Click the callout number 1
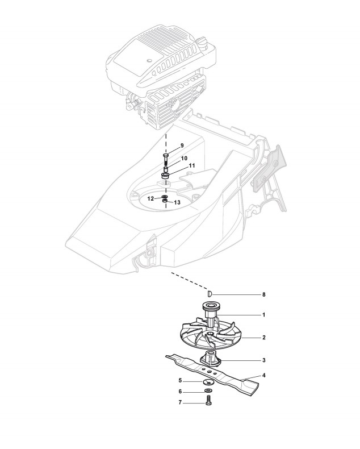pos(263,314)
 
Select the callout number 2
pos(264,337)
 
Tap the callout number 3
pos(264,360)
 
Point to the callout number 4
pos(264,376)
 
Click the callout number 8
pos(263,295)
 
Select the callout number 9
pos(182,145)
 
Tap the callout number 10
pos(184,158)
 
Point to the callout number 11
pos(192,165)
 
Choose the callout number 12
pos(150,198)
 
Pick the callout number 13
pos(177,202)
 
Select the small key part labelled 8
pos(209,294)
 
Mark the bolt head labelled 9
pos(165,155)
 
